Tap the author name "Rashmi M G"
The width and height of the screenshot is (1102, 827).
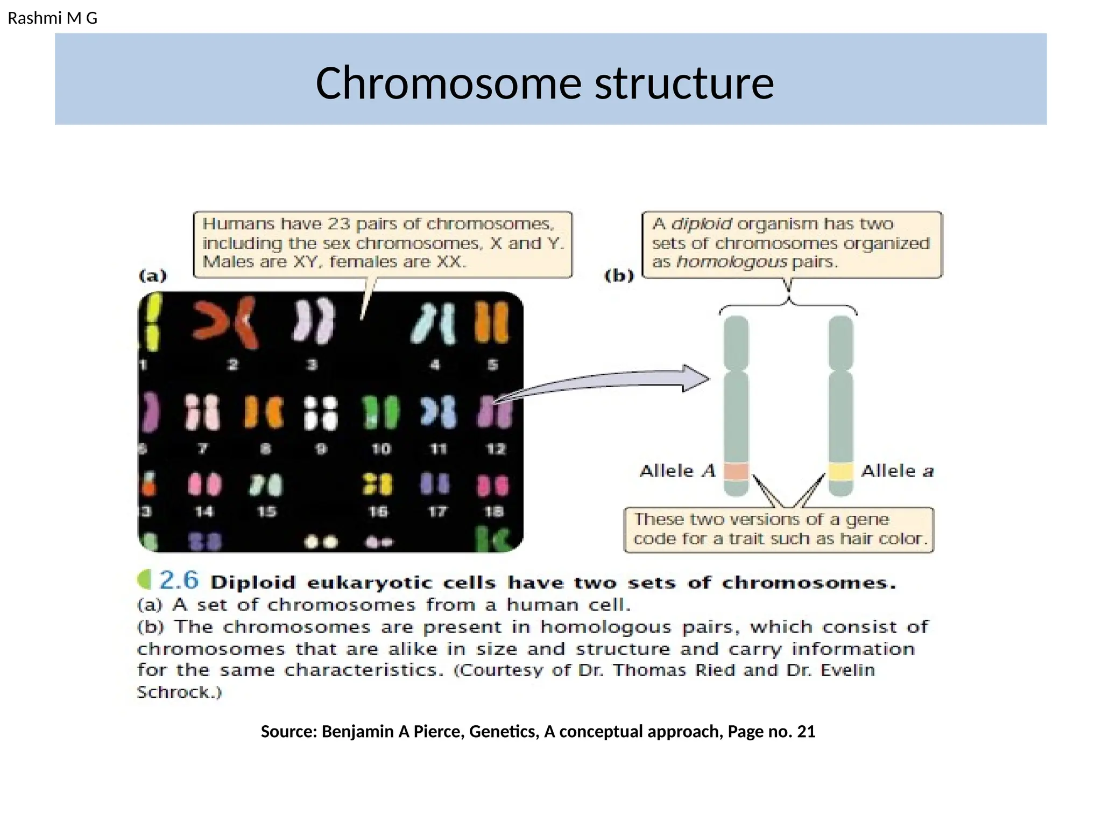coord(52,18)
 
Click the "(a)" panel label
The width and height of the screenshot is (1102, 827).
coord(153,276)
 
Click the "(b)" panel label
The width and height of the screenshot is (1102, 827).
coord(619,276)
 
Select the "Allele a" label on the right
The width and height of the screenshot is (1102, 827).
coord(897,471)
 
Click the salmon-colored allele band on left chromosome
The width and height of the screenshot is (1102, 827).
coord(736,471)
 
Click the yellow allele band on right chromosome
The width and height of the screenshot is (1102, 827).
coord(840,471)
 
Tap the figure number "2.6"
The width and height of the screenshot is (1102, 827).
coord(179,580)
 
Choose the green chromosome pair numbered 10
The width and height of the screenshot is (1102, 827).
coord(380,413)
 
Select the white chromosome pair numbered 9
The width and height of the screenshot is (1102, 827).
coord(321,413)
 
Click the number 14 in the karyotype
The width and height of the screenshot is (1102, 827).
coord(203,511)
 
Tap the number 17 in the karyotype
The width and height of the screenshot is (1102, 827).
coord(437,511)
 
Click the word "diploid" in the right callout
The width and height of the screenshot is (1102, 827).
coord(701,224)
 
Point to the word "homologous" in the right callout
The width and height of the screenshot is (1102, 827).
coord(731,262)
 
